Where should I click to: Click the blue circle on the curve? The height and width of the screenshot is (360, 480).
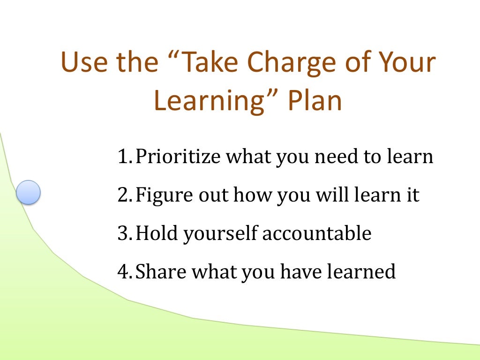click(28, 192)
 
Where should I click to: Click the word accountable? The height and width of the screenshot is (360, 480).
click(316, 233)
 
